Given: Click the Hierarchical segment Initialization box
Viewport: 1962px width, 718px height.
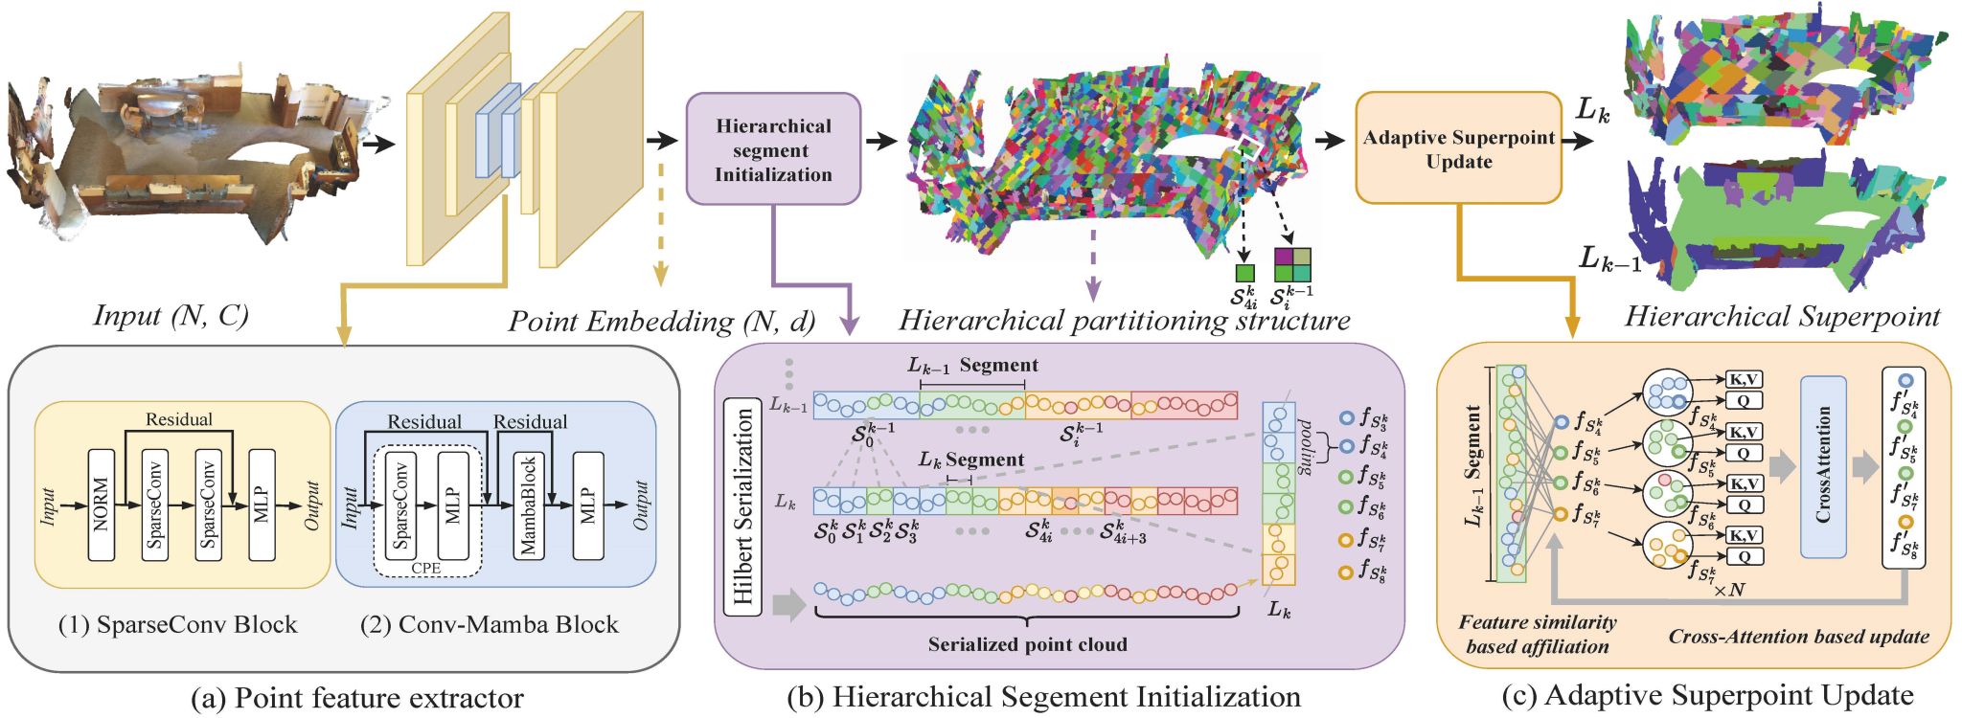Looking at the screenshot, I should [773, 149].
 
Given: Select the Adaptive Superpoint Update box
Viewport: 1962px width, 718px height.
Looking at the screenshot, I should [1458, 148].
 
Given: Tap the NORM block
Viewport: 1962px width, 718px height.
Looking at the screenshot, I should [102, 504].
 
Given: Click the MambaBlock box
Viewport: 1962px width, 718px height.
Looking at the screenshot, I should [527, 505].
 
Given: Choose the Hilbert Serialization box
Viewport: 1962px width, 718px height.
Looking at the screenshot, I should [743, 506].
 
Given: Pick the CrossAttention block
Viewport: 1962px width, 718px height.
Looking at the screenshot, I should [1823, 465].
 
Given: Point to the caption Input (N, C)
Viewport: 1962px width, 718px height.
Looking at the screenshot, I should [171, 315].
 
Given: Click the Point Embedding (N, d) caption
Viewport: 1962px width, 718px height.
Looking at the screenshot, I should [661, 322].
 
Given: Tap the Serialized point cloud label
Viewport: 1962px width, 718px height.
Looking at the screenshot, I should [1027, 644].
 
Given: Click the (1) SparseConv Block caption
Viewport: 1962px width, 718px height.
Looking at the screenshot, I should [178, 625].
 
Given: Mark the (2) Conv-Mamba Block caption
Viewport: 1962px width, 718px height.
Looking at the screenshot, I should [490, 625].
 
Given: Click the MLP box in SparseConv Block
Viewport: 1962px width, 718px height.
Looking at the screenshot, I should [262, 504].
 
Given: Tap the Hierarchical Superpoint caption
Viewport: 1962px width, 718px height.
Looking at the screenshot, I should [1782, 316].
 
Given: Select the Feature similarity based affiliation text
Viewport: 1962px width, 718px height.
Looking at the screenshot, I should [1538, 635].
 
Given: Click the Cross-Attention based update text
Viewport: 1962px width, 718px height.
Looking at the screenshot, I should [1798, 637].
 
